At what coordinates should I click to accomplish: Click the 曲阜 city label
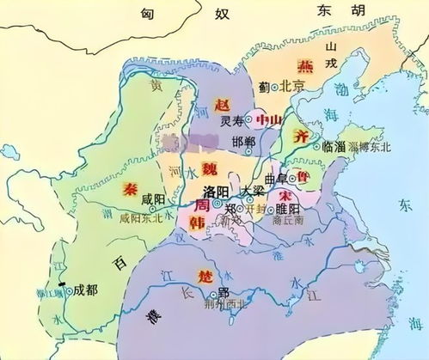coord(277,178)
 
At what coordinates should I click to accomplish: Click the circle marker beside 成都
coord(67,289)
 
